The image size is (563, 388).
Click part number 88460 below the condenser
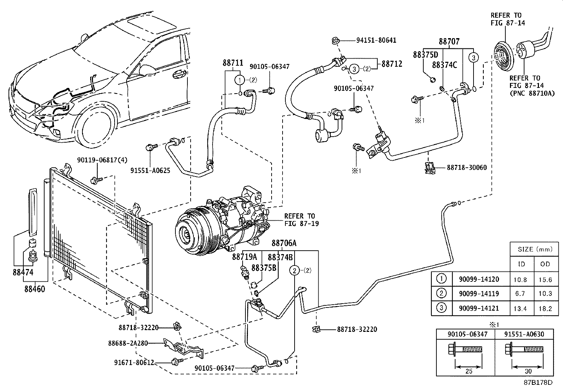point(35,288)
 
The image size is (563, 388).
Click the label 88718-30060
point(466,168)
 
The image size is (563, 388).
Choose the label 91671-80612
point(134,362)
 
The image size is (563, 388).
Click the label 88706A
point(284,243)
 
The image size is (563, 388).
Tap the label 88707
point(449,42)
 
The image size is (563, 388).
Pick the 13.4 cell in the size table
point(520,309)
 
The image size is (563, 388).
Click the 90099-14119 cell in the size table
point(479,293)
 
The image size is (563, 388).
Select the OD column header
point(545,264)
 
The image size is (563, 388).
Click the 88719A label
point(244,257)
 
